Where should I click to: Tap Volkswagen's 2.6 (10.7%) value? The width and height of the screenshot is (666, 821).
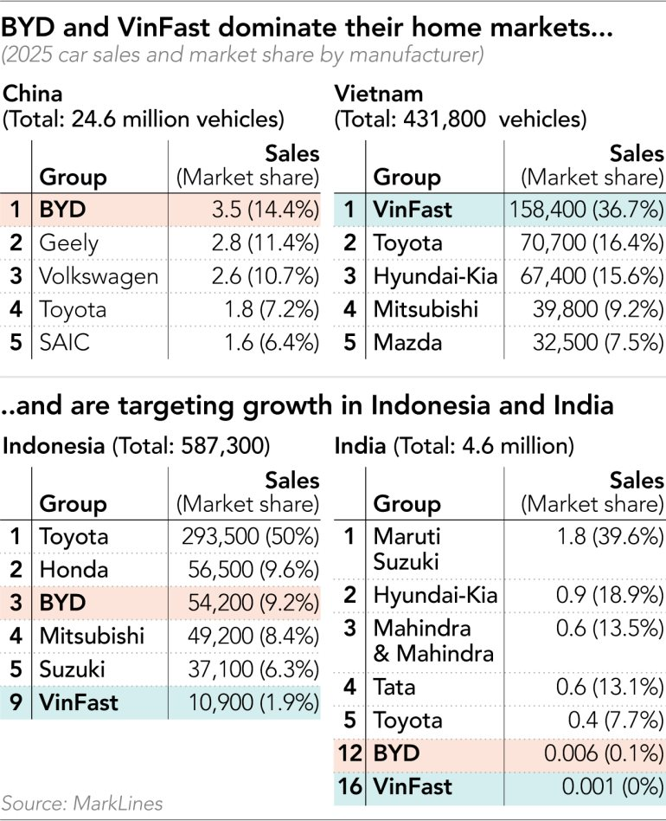click(x=268, y=276)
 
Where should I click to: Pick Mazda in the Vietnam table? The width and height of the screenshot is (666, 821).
click(x=407, y=342)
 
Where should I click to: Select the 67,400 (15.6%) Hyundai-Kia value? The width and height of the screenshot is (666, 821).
click(x=604, y=276)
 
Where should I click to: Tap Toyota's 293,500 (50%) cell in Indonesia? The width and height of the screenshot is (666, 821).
click(x=251, y=537)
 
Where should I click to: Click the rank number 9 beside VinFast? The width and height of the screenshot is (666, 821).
click(x=16, y=701)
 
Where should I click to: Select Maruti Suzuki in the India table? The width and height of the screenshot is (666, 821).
click(x=407, y=548)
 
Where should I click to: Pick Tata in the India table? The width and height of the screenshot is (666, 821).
click(x=394, y=688)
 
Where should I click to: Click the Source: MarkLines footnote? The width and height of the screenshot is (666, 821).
click(x=82, y=803)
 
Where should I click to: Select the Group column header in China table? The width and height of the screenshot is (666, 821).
click(x=74, y=178)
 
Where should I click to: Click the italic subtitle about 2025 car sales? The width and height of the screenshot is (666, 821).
click(x=242, y=55)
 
